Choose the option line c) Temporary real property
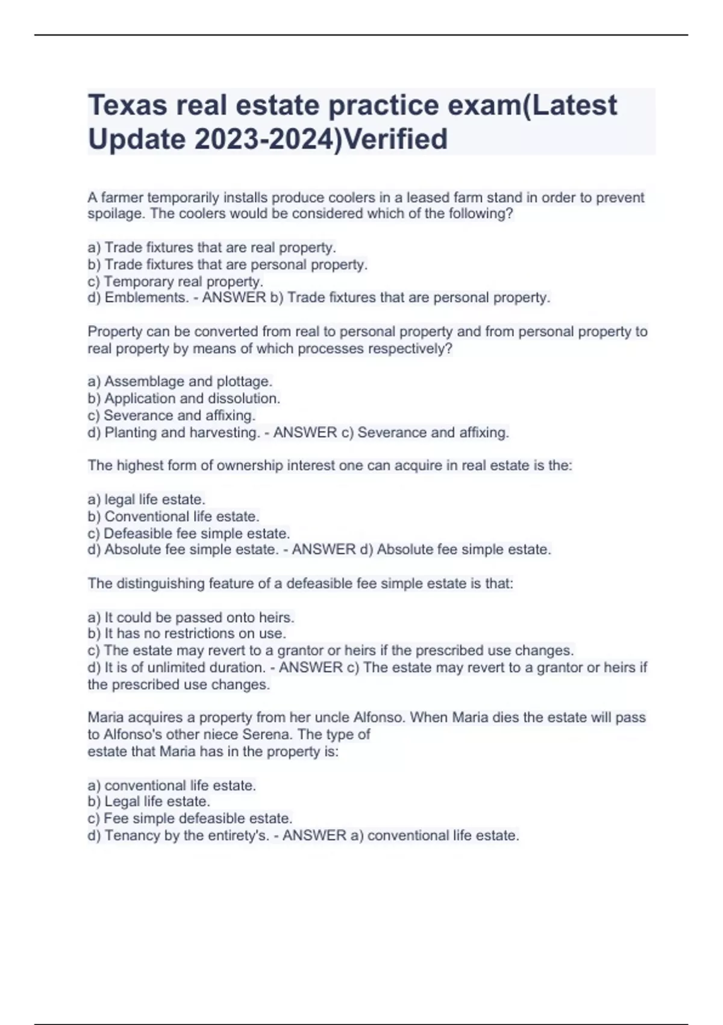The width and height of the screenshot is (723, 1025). pos(175,282)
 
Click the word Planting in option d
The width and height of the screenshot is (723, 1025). pos(131,433)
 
